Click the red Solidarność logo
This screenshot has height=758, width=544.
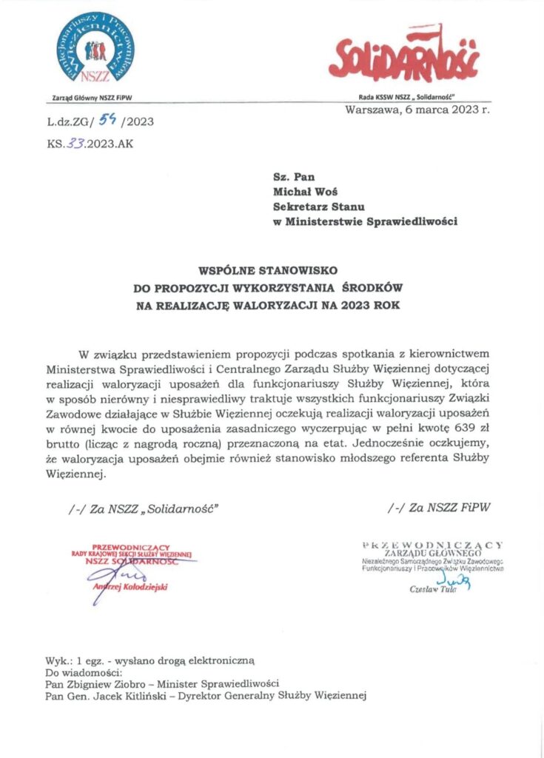404,58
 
